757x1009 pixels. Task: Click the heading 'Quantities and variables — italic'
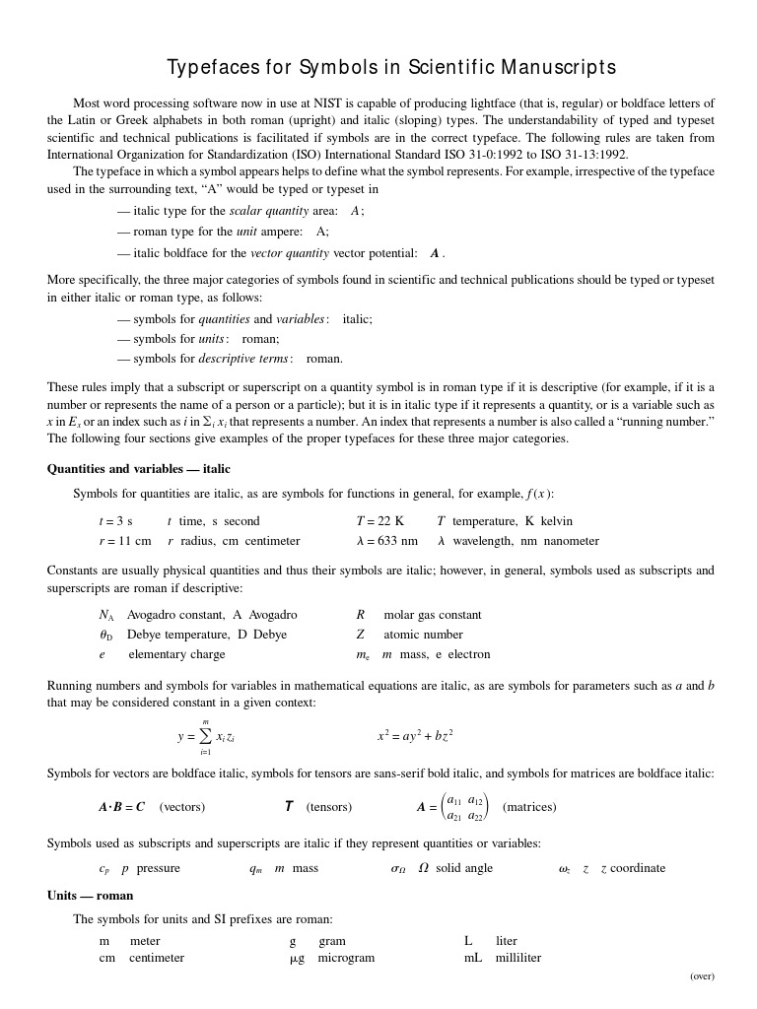tap(138, 469)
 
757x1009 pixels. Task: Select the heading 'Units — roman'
tap(90, 896)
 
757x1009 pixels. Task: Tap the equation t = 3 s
tap(115, 521)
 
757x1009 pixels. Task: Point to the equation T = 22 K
tap(379, 521)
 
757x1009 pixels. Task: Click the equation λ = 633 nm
tap(386, 541)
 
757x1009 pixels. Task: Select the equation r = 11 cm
tap(125, 541)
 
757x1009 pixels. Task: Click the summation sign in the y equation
tap(205, 736)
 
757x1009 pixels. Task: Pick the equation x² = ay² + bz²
tap(415, 736)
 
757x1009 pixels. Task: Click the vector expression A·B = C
tap(121, 807)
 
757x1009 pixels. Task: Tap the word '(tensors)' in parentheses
tap(328, 807)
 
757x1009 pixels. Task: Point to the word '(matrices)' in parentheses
tap(529, 807)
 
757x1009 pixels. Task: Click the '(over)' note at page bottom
tap(702, 976)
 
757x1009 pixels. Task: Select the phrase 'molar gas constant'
tap(433, 615)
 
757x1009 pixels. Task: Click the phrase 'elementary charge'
tap(176, 654)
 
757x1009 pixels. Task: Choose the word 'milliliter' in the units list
tap(518, 958)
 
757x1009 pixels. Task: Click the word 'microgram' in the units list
tap(346, 958)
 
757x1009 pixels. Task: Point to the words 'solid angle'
tap(464, 868)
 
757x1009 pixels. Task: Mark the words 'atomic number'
tap(423, 635)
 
